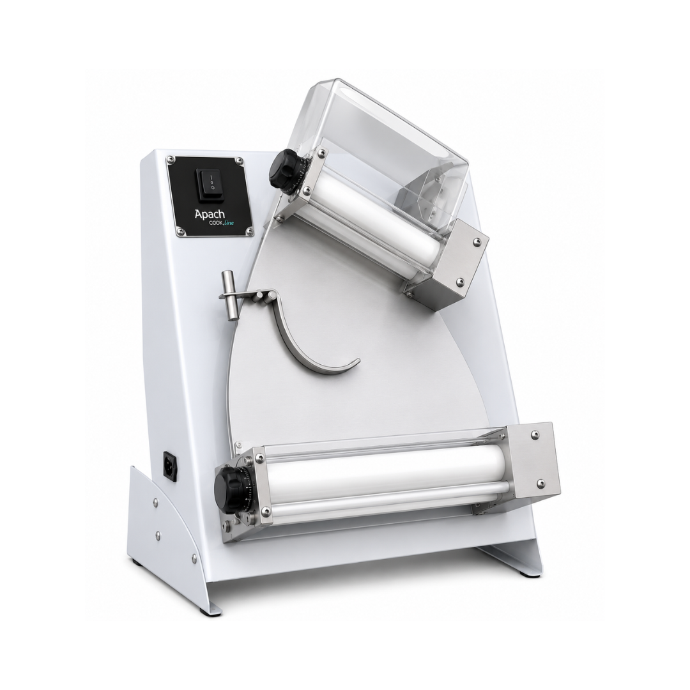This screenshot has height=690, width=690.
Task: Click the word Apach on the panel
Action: pyautogui.click(x=210, y=214)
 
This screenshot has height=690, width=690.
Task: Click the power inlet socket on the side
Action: pyautogui.click(x=172, y=464)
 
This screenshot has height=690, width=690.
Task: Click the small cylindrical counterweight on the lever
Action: pyautogui.click(x=229, y=292)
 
